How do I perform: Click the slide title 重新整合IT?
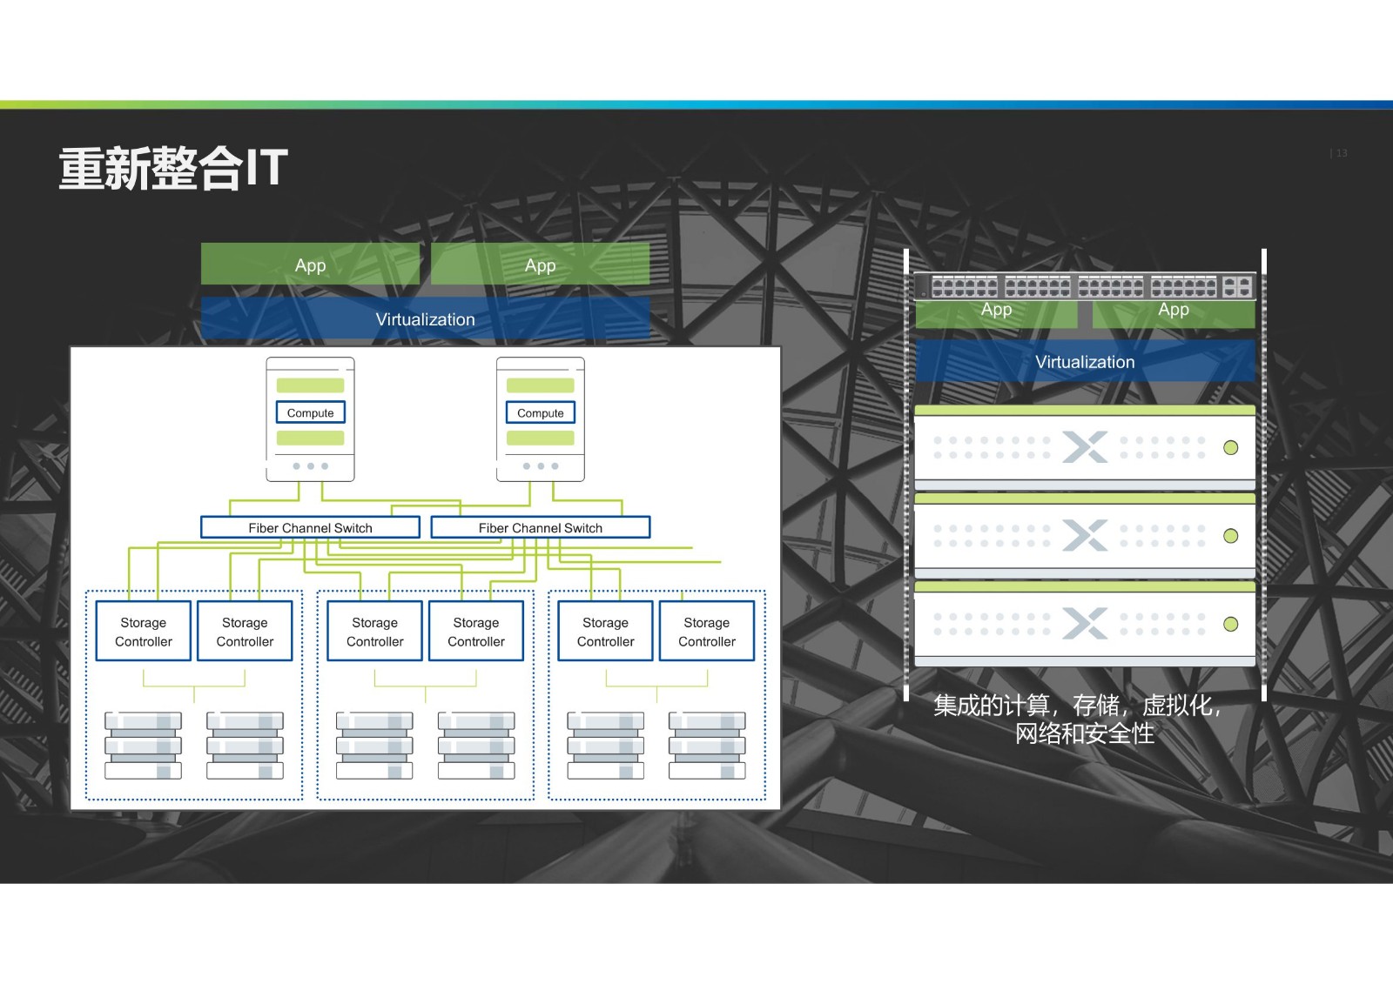click(173, 168)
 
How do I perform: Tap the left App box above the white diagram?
click(310, 264)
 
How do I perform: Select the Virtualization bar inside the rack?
click(1085, 361)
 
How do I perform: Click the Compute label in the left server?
click(310, 412)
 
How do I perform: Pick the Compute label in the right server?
click(541, 412)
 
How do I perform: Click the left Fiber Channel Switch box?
click(310, 528)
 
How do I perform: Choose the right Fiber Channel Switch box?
click(541, 528)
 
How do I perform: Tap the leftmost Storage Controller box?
click(143, 631)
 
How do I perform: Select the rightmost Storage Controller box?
click(707, 631)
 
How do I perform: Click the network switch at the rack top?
click(1085, 287)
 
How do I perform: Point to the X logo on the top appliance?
click(1085, 447)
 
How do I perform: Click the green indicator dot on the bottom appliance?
click(1230, 624)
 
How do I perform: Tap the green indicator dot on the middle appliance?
click(1230, 536)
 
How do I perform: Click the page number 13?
click(1342, 153)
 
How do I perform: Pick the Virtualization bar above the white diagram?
click(426, 318)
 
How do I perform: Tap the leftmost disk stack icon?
click(143, 746)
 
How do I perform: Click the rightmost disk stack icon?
click(707, 746)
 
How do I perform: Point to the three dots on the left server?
click(310, 466)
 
